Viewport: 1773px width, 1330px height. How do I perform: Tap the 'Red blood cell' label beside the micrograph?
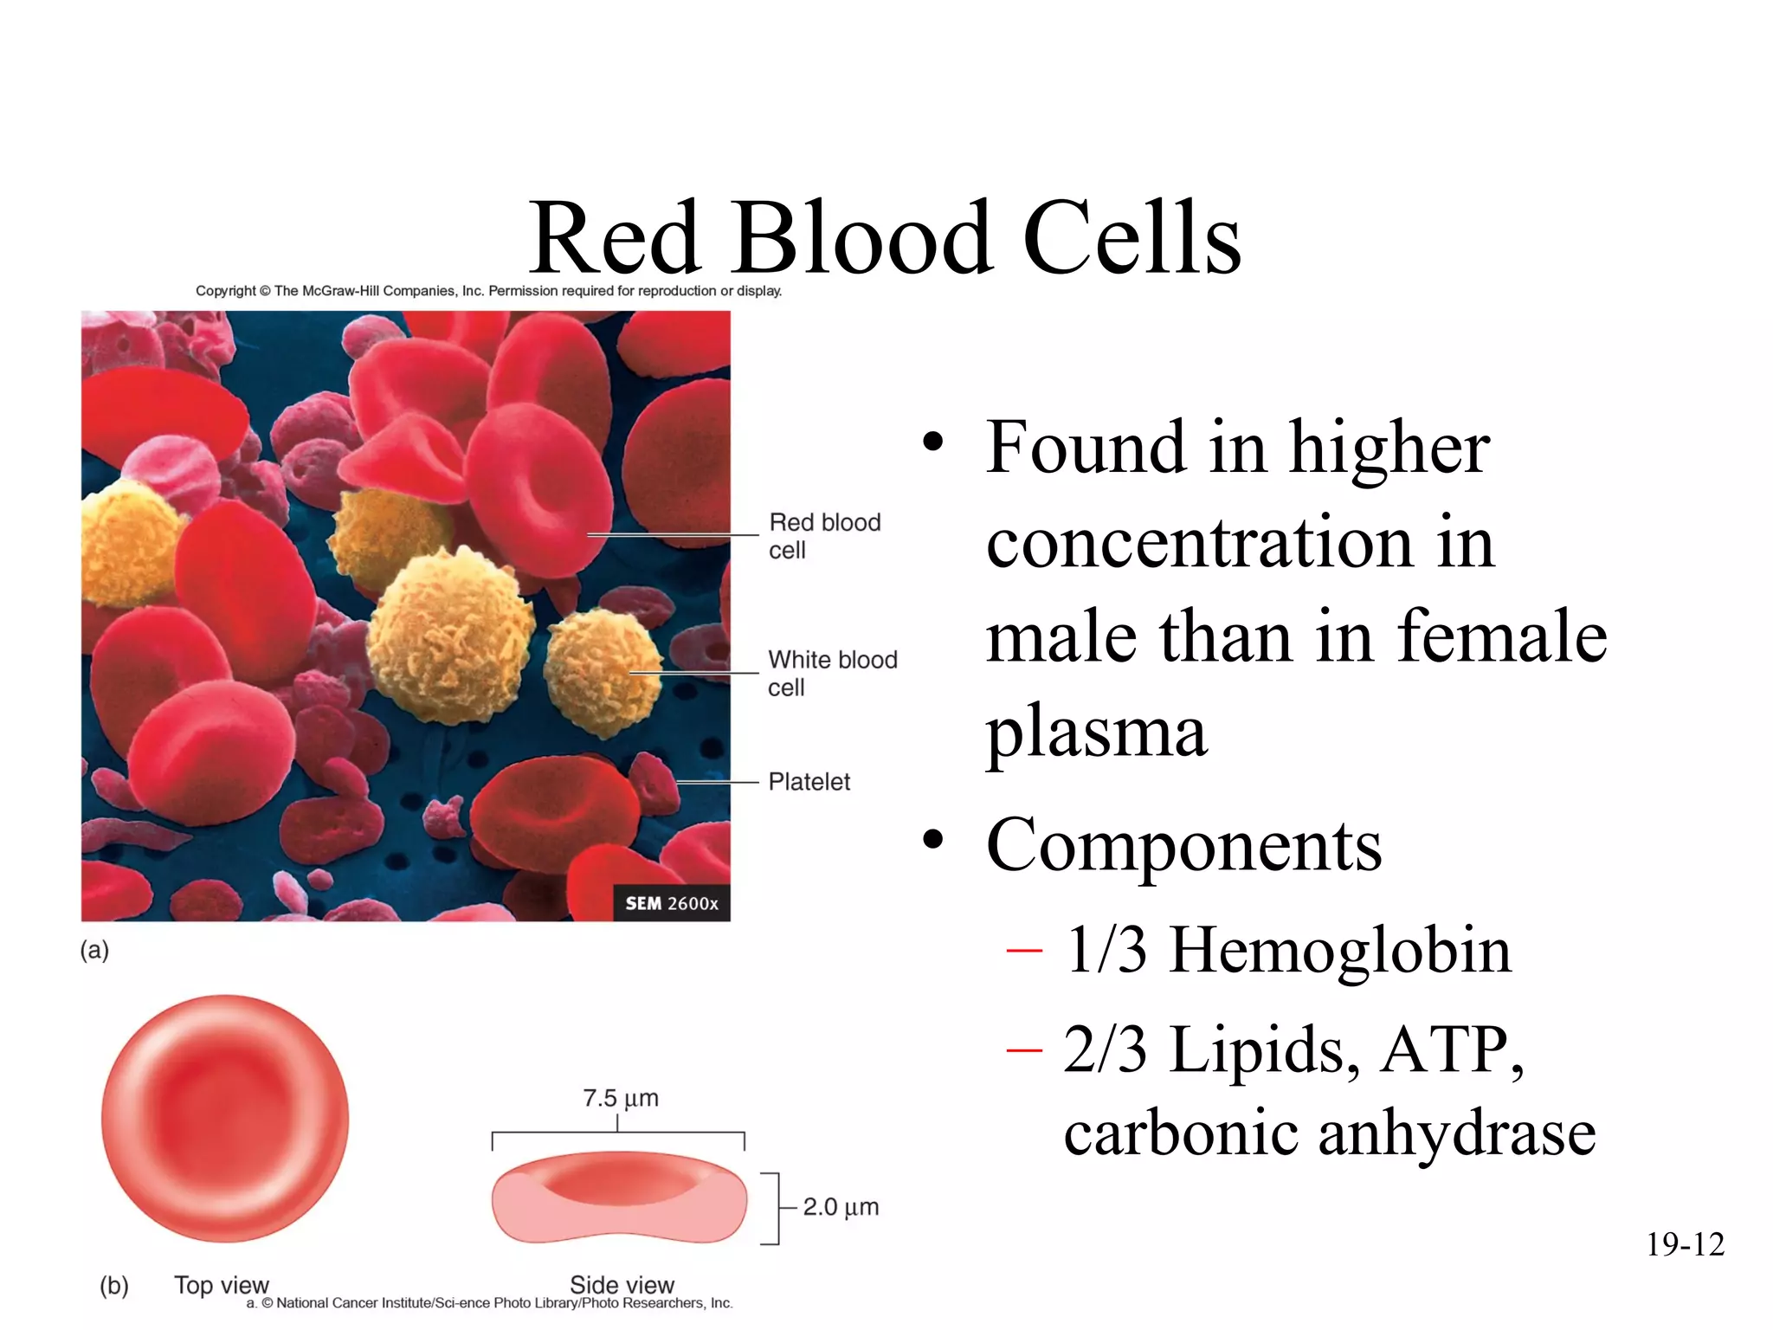pos(823,536)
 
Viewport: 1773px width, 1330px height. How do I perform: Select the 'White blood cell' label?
pos(831,673)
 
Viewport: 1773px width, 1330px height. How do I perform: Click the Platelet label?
pos(809,782)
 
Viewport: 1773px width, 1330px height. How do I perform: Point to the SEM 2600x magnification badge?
pos(672,903)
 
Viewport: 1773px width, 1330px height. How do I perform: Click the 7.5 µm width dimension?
pos(620,1099)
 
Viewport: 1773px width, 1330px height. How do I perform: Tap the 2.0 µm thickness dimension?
pos(840,1207)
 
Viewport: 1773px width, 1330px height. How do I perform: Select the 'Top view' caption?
pos(222,1285)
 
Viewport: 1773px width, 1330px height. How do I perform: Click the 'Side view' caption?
pos(622,1285)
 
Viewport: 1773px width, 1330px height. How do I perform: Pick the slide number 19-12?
pos(1685,1244)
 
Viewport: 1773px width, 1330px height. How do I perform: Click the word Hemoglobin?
pos(1340,951)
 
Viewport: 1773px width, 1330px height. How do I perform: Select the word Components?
pos(1183,845)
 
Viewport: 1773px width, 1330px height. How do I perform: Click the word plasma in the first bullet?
pos(1096,733)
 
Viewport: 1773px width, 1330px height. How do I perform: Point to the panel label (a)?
pos(94,950)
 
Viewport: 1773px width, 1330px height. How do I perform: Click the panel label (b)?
pos(114,1285)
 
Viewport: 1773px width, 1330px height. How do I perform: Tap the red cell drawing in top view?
pos(225,1119)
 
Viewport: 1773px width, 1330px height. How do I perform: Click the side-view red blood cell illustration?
pos(619,1198)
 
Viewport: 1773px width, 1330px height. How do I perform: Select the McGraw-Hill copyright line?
pos(488,291)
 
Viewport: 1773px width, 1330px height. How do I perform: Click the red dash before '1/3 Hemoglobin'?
pos(1024,952)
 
